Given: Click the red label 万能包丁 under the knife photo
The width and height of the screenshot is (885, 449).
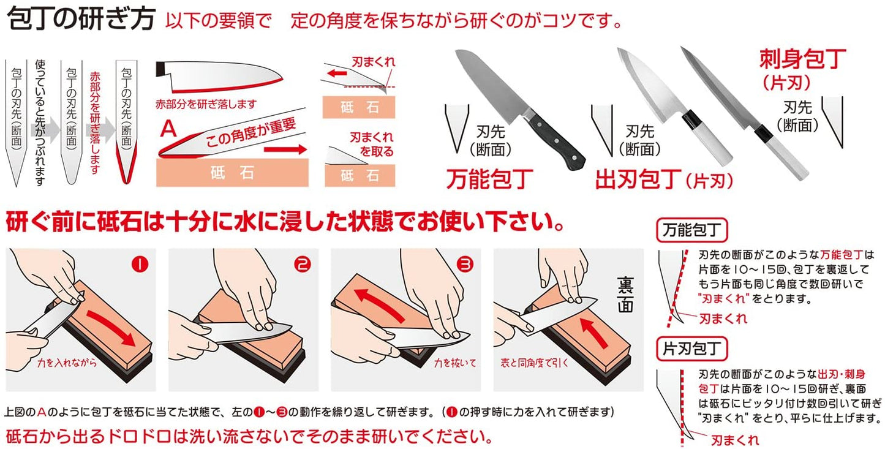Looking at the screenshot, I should click(488, 179).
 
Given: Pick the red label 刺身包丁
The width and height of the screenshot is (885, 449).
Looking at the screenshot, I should click(802, 60).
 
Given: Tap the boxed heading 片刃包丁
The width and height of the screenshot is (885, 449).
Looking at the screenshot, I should click(691, 349).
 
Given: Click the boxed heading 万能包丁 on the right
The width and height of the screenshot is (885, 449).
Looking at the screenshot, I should click(691, 231).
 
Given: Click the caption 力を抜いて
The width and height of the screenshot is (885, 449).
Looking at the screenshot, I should click(451, 363).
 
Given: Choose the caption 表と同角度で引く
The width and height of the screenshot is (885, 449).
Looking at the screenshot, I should click(532, 363).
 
